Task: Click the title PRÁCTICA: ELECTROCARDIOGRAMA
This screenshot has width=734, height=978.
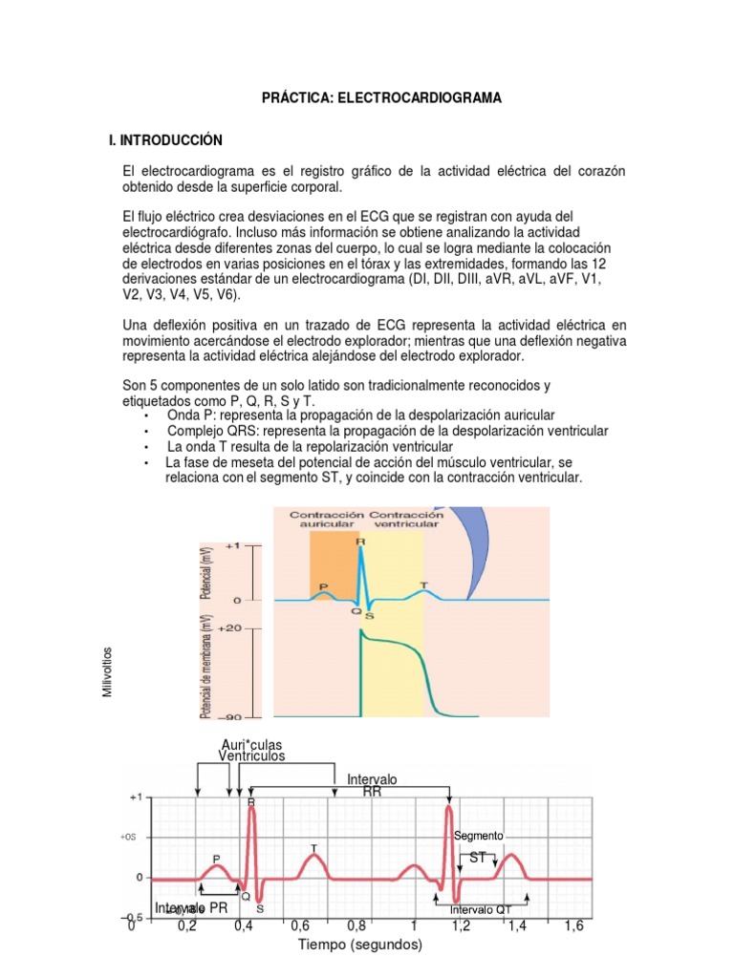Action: (368, 98)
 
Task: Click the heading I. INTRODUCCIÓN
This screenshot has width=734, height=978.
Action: (165, 140)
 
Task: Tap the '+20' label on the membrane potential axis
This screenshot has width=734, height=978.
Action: (230, 628)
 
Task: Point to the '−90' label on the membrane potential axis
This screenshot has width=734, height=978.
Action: (230, 716)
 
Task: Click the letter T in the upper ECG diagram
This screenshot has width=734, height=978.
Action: (424, 585)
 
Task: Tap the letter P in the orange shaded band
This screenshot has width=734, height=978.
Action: (323, 587)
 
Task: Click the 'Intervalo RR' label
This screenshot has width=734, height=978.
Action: (372, 786)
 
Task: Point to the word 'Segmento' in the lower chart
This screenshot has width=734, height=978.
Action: (479, 836)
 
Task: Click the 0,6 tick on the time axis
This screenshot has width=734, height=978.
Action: (300, 926)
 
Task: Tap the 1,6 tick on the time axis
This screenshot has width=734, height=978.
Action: (573, 926)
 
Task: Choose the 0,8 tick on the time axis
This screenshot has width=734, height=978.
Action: (356, 926)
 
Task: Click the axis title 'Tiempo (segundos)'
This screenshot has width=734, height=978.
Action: (358, 946)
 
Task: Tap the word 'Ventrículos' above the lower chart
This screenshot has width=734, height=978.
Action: (252, 756)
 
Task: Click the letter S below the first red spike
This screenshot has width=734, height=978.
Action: (260, 909)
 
